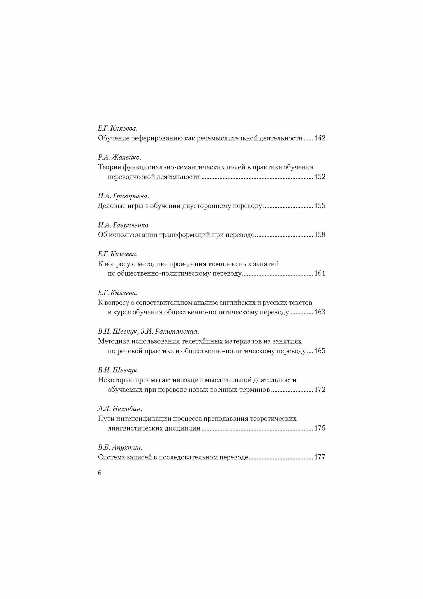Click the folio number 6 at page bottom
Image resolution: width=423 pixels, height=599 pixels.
pyautogui.click(x=100, y=473)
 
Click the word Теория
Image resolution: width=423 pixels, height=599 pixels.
pyautogui.click(x=108, y=167)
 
